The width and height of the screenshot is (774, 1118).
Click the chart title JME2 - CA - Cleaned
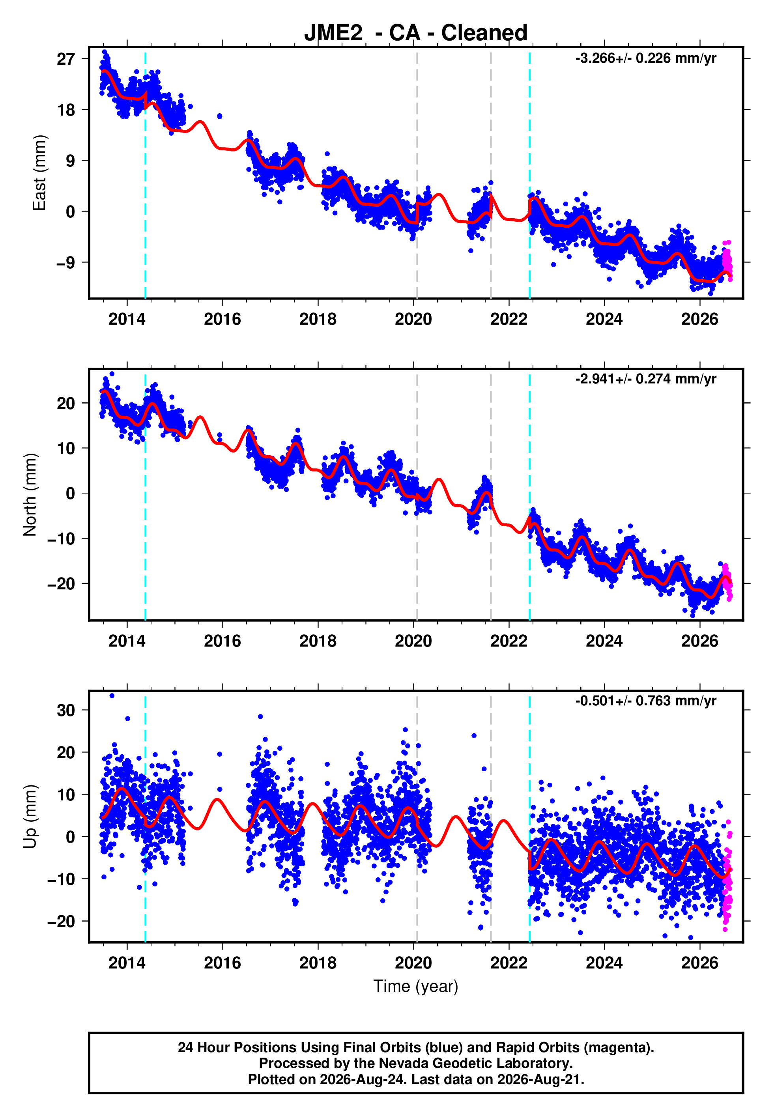416,33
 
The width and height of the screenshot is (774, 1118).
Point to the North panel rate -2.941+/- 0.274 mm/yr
645,379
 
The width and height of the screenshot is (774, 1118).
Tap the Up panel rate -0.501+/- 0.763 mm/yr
645,701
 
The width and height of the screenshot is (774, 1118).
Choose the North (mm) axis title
30,495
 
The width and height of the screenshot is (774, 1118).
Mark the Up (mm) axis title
30,817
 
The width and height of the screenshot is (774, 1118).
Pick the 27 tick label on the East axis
66,59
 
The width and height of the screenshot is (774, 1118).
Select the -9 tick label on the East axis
66,262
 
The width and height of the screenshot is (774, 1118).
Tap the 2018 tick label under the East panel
318,319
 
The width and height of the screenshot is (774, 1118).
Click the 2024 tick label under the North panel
604,641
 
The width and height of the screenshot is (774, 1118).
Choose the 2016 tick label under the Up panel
222,963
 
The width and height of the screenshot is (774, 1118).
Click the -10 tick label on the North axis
62,538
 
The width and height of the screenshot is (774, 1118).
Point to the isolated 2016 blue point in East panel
220,116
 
